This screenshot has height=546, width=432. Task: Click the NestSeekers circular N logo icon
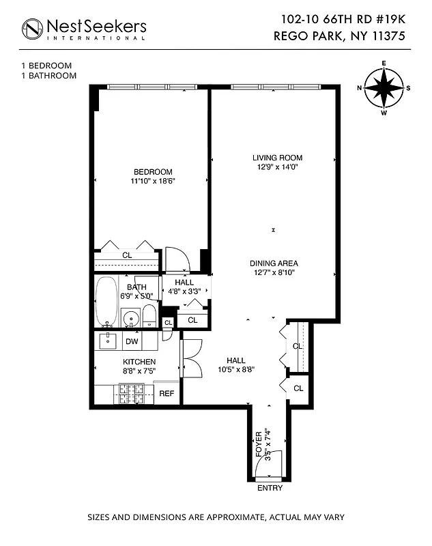pyautogui.click(x=32, y=28)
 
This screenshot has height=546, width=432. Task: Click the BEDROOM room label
pyautogui.click(x=153, y=171)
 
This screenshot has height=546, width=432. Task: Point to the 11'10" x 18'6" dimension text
pyautogui.click(x=153, y=181)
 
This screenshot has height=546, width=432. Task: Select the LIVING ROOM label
pyautogui.click(x=273, y=158)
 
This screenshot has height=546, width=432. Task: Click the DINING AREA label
pyautogui.click(x=273, y=263)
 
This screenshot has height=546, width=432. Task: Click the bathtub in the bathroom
pyautogui.click(x=106, y=301)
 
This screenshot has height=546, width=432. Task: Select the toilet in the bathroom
pyautogui.click(x=148, y=316)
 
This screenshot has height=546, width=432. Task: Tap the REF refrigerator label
pyautogui.click(x=167, y=394)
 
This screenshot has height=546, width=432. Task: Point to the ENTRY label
pyautogui.click(x=270, y=489)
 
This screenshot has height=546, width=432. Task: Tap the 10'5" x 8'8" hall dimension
pyautogui.click(x=236, y=371)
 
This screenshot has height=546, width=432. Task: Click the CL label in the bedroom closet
pyautogui.click(x=127, y=255)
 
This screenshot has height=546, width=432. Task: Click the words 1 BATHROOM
pyautogui.click(x=48, y=76)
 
